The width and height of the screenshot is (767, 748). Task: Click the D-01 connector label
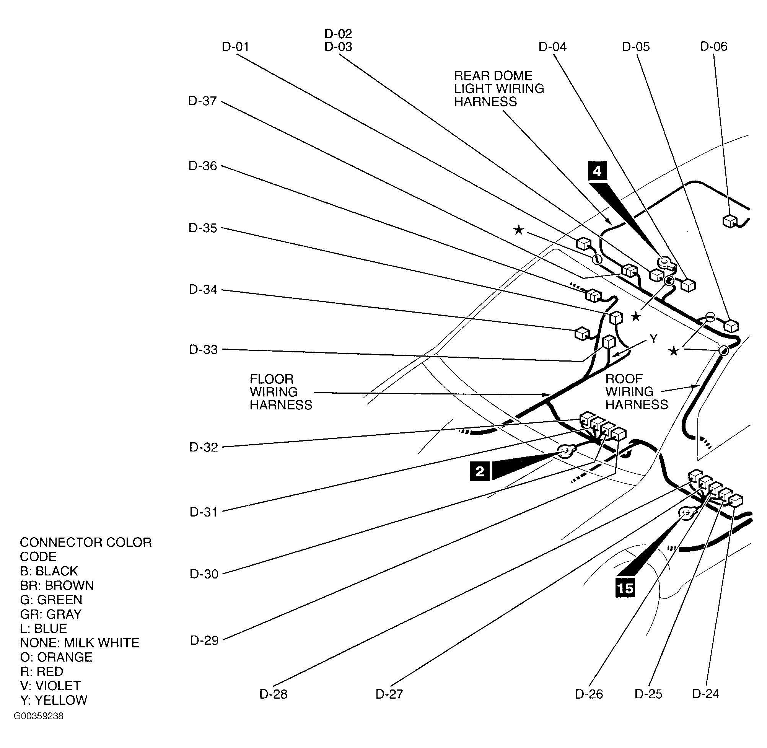coord(235,47)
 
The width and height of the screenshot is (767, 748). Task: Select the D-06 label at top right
coord(713,46)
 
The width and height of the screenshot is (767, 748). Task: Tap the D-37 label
coord(202,101)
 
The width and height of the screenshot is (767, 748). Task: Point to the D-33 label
coord(203,349)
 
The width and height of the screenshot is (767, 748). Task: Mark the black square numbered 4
coord(597,171)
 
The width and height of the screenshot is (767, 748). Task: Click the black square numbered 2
coord(480,471)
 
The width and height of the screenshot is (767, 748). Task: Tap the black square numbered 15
coord(625,588)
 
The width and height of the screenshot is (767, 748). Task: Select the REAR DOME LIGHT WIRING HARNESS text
coord(499,88)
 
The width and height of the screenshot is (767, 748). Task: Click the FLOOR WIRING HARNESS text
coord(281,392)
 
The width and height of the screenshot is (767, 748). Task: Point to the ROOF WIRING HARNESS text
coord(637,391)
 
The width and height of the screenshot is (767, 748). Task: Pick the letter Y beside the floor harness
coord(653,339)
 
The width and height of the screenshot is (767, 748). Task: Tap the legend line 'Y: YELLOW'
coord(54,700)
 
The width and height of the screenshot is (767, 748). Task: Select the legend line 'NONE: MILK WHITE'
coord(80,642)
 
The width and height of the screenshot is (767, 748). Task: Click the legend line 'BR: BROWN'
coord(57,585)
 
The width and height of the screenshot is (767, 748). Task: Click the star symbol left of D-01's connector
coord(519,230)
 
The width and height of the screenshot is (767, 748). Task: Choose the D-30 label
coord(204,574)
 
